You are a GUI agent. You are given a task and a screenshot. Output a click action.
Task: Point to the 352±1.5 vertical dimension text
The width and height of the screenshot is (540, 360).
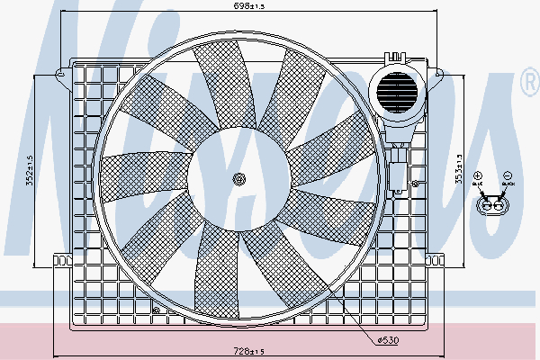pyautogui.click(x=30, y=170)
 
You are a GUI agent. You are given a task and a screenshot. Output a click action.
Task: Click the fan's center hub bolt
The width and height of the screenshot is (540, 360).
pyautogui.click(x=238, y=178)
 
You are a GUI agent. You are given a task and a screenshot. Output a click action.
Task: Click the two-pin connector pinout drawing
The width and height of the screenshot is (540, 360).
pyautogui.click(x=492, y=206)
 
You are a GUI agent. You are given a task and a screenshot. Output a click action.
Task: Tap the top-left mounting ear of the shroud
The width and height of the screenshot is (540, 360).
pyautogui.click(x=61, y=70)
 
